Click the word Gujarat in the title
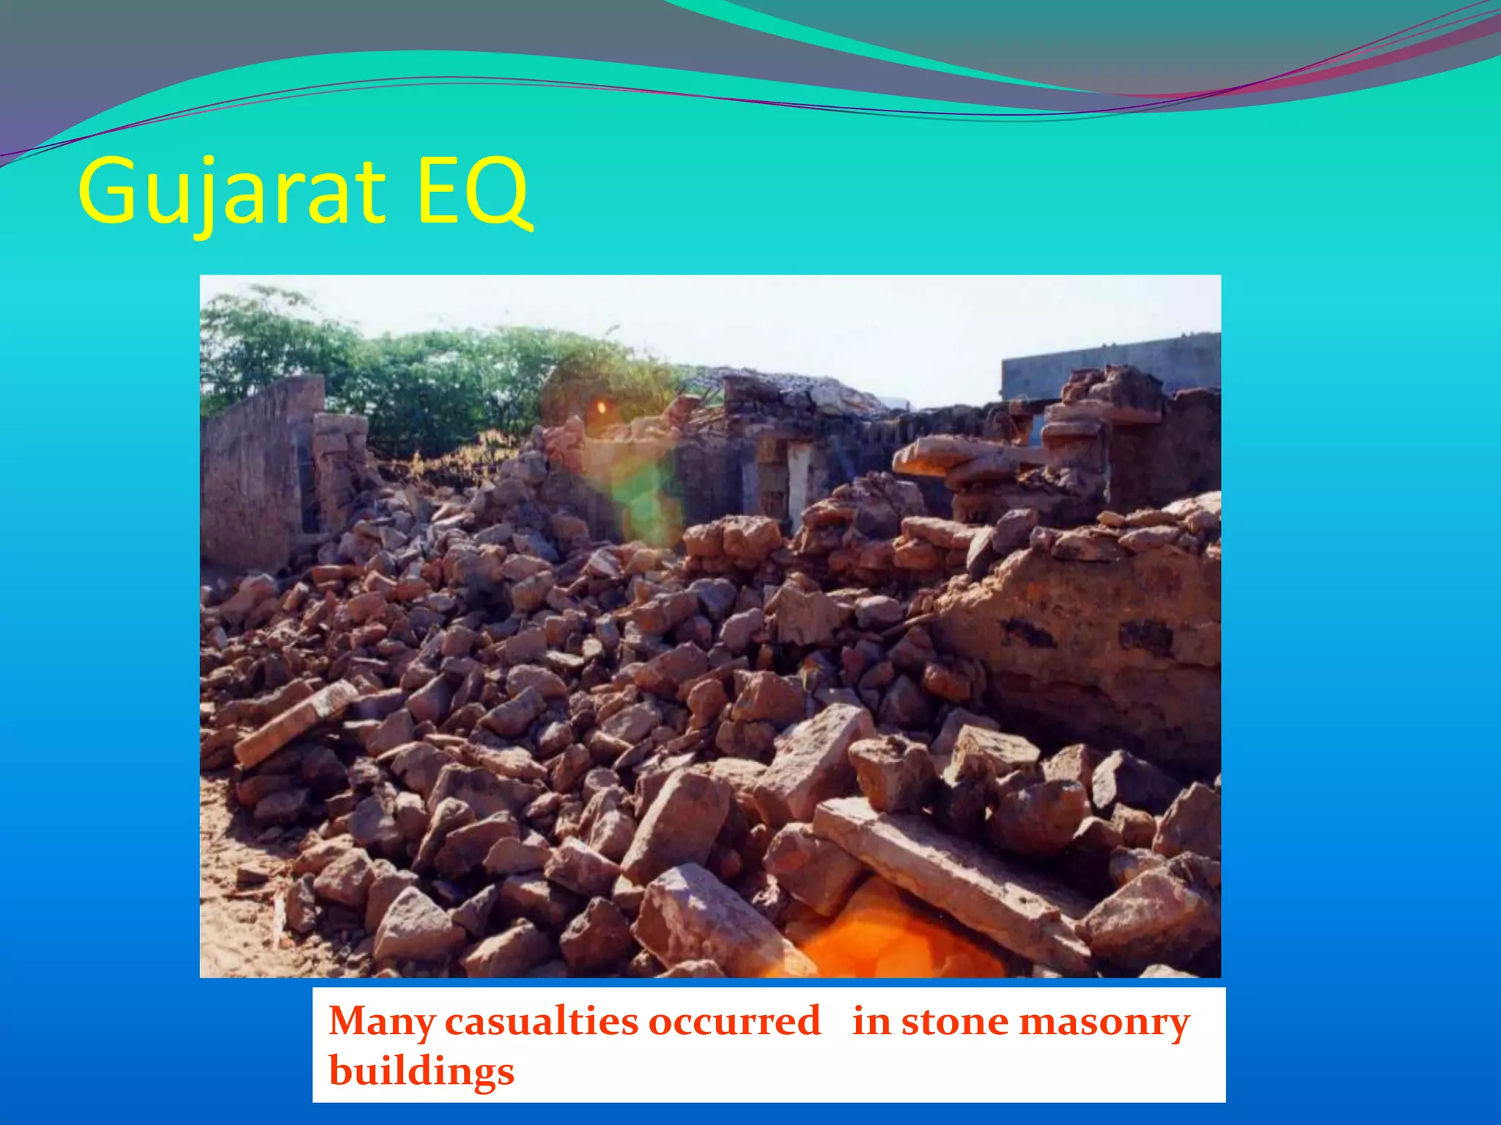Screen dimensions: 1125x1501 tap(232, 192)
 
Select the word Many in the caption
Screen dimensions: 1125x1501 tap(381, 1021)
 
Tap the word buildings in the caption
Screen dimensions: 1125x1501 tap(421, 1071)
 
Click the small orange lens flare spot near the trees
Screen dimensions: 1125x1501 tap(601, 406)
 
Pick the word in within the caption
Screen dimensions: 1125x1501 tap(871, 1021)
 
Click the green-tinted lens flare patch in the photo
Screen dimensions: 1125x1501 tap(638, 491)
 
